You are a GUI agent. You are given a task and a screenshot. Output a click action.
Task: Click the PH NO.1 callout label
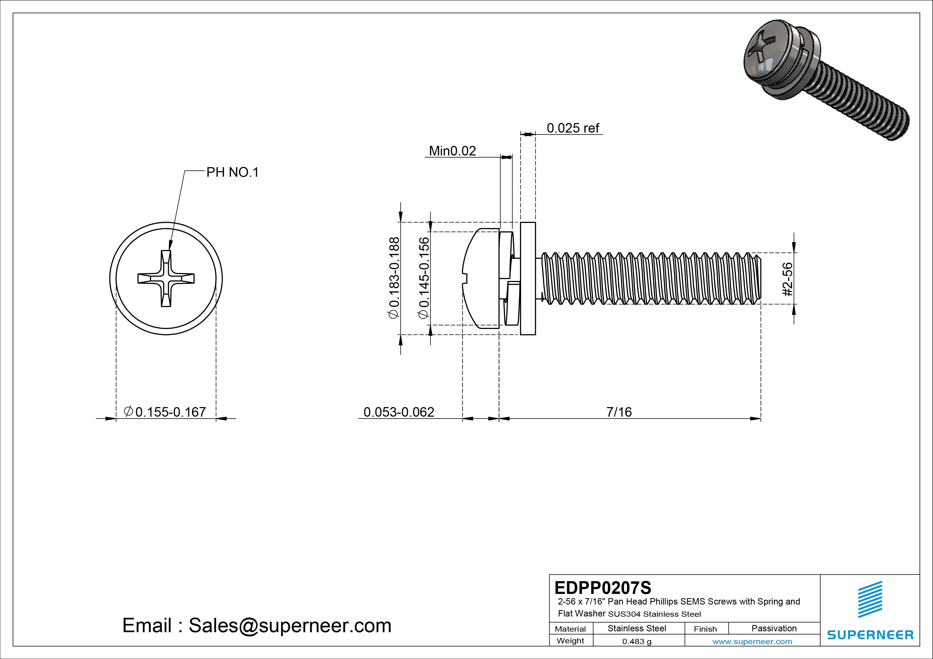point(232,172)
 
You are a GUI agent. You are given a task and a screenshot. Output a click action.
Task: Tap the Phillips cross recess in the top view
point(166,278)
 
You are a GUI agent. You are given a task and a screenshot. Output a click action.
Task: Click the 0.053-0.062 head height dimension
point(399,412)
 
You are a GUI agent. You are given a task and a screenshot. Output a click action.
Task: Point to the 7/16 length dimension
point(619,412)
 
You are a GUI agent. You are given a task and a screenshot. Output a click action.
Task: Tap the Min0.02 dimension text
point(452,151)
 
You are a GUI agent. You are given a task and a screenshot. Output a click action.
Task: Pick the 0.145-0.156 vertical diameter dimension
point(424,278)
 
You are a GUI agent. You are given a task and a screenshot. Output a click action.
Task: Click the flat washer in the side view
point(528,278)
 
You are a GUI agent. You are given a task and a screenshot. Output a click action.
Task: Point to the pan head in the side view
point(482,278)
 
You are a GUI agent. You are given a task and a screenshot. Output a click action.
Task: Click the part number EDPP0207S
point(603,588)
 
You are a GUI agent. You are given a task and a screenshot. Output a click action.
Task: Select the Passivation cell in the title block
point(774,628)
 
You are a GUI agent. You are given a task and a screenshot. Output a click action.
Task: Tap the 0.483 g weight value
point(637,641)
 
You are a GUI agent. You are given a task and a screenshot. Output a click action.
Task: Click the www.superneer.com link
point(752,641)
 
